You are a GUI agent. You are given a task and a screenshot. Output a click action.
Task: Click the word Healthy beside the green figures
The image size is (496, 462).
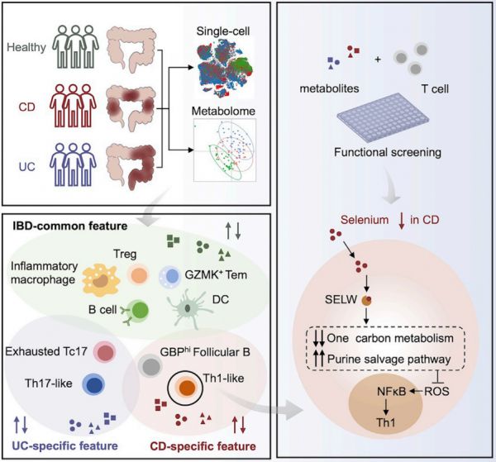coord(26,47)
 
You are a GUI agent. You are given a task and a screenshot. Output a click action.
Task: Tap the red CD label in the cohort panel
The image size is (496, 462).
coord(27,107)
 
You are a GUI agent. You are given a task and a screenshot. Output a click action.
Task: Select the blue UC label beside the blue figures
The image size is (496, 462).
coord(27,167)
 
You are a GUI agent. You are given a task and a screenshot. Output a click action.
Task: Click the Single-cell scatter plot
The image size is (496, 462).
coord(226,69)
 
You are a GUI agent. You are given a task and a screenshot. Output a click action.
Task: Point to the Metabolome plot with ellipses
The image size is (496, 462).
coord(225,150)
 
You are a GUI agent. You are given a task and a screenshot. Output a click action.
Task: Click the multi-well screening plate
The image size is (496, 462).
coord(383,120)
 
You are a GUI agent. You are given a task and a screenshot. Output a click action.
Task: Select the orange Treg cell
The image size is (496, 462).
coord(138,274)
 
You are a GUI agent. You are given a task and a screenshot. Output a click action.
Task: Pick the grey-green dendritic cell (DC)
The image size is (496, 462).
coord(188,308)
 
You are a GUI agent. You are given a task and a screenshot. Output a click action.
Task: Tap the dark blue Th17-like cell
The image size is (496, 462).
coord(93,384)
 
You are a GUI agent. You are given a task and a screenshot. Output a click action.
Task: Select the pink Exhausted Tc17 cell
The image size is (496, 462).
coord(105,352)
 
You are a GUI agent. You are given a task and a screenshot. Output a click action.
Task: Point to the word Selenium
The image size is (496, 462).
coord(365,220)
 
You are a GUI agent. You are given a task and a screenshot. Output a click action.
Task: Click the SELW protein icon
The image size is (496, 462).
coord(366,300)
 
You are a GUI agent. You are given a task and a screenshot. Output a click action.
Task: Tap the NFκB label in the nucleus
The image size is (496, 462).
coord(391,392)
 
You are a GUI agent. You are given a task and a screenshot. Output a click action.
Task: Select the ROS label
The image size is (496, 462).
coord(436,392)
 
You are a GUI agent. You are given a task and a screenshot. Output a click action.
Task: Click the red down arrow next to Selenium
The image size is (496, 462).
coord(402,221)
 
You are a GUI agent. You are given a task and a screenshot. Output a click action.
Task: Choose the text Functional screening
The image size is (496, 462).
coord(388,152)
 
